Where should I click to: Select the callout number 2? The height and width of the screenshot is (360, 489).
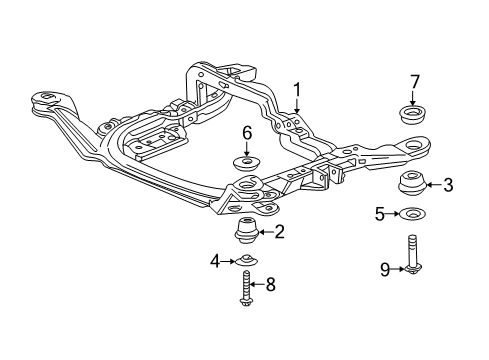(x=279, y=233)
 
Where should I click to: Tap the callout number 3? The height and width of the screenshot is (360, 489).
(x=448, y=184)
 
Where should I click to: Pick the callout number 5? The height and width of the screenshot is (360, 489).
(x=379, y=213)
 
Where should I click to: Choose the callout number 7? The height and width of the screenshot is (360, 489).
(x=413, y=81)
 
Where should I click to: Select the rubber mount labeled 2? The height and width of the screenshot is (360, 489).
(x=245, y=233)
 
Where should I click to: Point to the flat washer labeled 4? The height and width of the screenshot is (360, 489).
(x=245, y=263)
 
